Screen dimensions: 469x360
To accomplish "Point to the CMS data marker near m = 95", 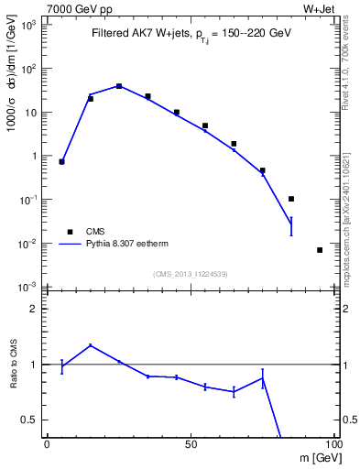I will pyautogui.click(x=319, y=250).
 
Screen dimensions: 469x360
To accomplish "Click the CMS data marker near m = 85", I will pyautogui.click(x=290, y=199).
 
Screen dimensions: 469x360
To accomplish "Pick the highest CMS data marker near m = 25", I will pyautogui.click(x=119, y=86).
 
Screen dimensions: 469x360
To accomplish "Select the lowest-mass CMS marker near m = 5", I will pyautogui.click(x=61, y=161).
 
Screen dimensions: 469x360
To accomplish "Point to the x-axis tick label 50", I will pyautogui.click(x=190, y=443).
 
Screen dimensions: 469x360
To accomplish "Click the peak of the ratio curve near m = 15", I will pyautogui.click(x=90, y=345).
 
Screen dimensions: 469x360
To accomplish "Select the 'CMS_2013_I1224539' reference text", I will pyautogui.click(x=191, y=273).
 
